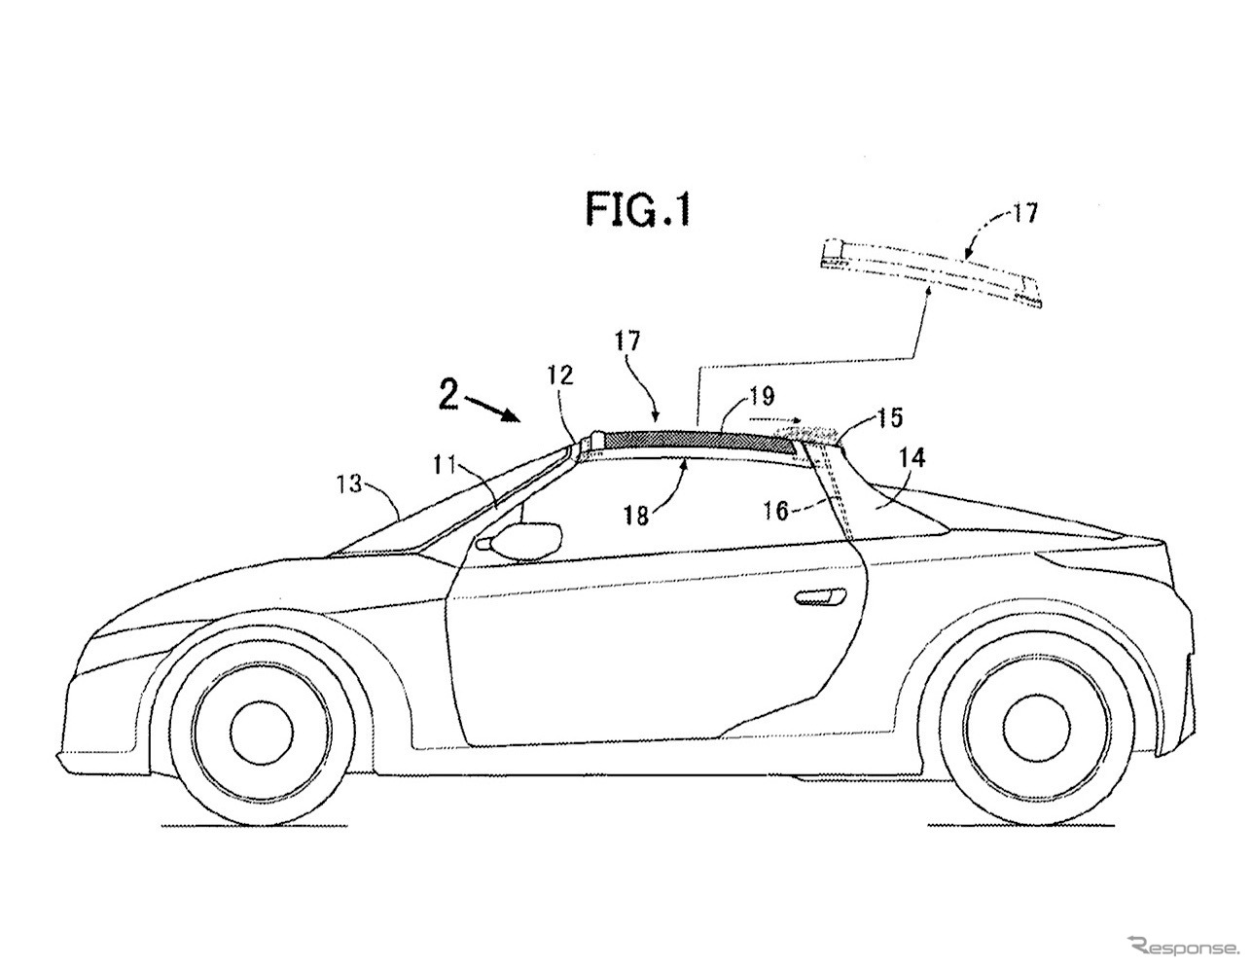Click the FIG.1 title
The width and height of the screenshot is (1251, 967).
coord(637,208)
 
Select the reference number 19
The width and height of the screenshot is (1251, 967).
coord(762,396)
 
